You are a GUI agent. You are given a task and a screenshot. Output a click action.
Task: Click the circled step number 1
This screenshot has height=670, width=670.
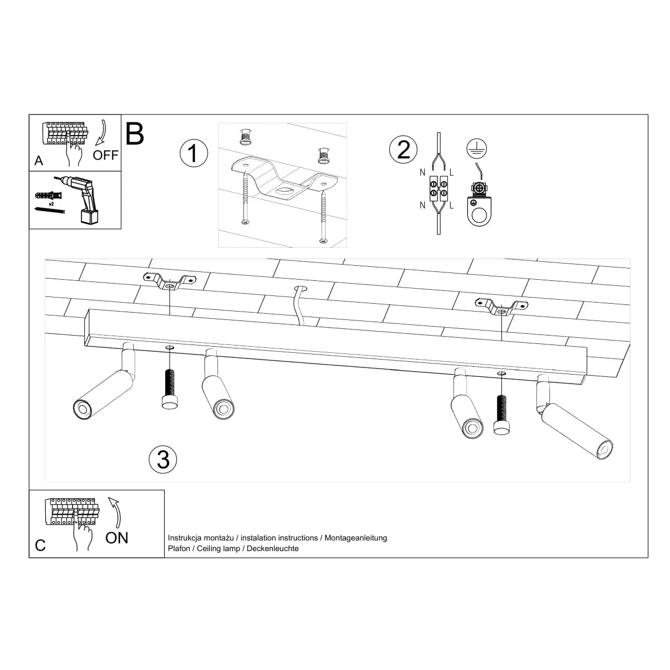pos(193,152)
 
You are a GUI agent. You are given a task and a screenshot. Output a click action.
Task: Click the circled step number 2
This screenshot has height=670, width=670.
pos(403,149)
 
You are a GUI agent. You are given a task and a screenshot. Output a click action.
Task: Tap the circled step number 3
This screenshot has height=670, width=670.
pos(163,459)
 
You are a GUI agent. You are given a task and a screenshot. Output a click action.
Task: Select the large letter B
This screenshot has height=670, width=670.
pos(135,133)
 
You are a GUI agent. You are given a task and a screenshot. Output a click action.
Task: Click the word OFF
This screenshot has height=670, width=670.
pos(106,155)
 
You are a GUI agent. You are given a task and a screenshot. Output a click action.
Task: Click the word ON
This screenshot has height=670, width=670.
pos(117,538)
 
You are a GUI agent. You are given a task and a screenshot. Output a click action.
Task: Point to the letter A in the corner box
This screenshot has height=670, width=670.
pos(39,161)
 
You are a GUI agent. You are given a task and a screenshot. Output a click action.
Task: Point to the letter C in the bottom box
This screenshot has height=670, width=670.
pos(40,545)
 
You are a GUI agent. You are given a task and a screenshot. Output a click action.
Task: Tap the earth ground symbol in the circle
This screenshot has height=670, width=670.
pos(476,148)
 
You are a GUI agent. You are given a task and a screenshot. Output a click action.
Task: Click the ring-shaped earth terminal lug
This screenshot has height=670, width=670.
pos(478,213)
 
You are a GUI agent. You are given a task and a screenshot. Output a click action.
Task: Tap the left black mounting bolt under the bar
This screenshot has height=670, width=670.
pos(169,389)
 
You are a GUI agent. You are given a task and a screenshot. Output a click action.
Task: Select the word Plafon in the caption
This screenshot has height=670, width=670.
pos(178,549)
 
